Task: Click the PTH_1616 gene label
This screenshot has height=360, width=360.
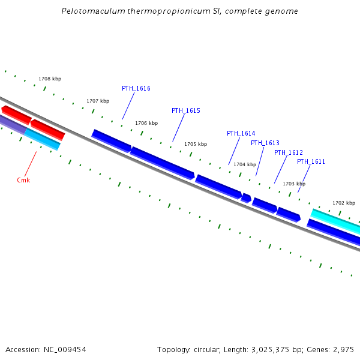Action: coord(136,89)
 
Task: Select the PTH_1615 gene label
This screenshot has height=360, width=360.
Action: coord(186,111)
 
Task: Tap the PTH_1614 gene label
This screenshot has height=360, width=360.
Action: coord(241,134)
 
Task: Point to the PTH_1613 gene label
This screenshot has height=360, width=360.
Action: coord(265,143)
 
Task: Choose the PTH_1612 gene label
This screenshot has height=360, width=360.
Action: coord(289,153)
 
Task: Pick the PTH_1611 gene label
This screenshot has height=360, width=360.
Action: coord(311,162)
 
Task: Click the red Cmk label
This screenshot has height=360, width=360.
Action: coord(23,181)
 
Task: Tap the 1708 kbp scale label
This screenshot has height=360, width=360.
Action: coord(50,79)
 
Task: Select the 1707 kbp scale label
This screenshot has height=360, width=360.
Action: coord(98,101)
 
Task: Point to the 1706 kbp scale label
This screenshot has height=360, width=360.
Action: coord(146,124)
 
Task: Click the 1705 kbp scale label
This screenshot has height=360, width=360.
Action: coord(196,145)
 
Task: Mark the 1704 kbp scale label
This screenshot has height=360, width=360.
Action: coord(245,165)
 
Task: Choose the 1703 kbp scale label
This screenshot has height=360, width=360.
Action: coord(294,184)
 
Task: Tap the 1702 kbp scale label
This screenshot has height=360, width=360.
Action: coord(344,203)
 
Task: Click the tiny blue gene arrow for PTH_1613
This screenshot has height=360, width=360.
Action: coord(246,197)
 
